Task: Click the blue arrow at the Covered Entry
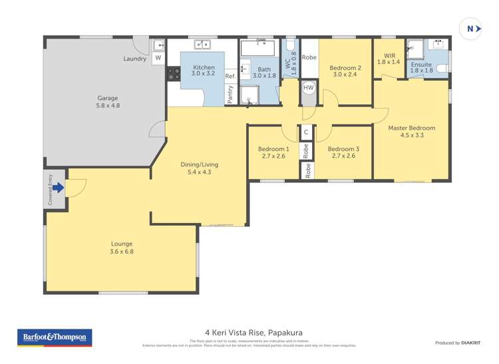click(x=58, y=188)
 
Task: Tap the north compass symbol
click(x=471, y=29)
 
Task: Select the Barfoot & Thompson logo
click(x=54, y=338)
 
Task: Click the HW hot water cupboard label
click(x=308, y=88)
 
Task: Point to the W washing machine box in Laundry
click(x=158, y=58)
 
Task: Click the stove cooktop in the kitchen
click(x=174, y=73)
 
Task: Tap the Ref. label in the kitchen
click(x=231, y=77)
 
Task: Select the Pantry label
click(x=230, y=94)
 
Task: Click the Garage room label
click(x=108, y=98)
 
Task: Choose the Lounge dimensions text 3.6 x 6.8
click(x=122, y=252)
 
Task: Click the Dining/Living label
click(x=199, y=164)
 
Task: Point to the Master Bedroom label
click(x=412, y=128)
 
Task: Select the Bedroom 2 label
click(x=345, y=67)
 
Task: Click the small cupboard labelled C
click(x=306, y=132)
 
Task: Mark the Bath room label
click(x=265, y=69)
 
